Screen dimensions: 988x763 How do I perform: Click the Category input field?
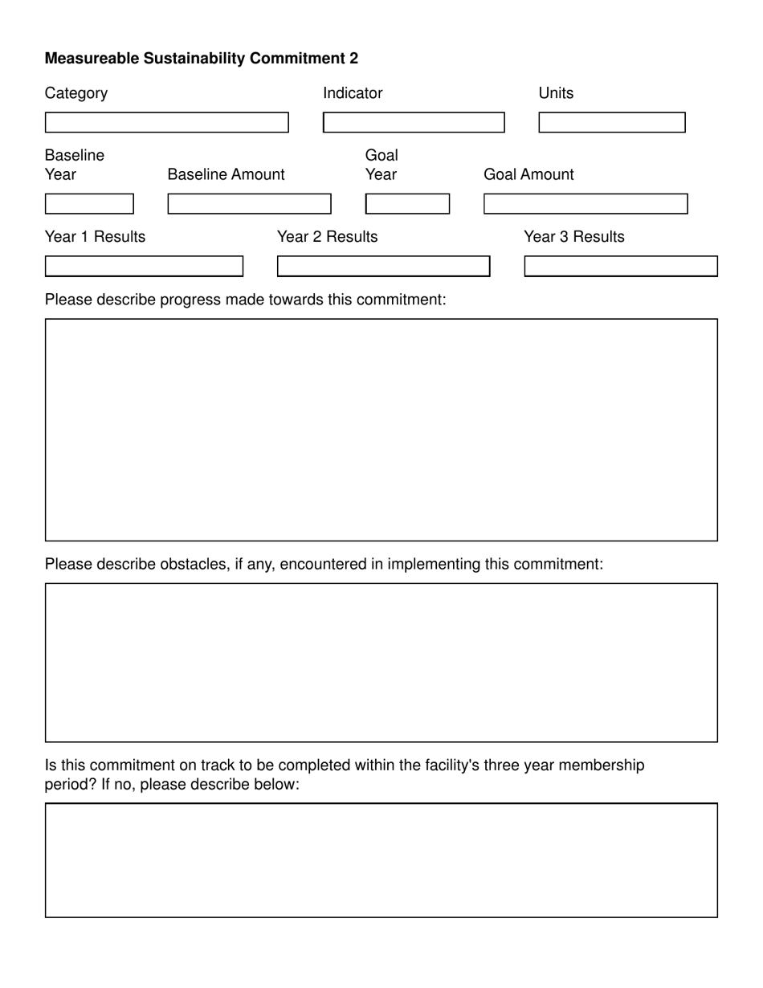pyautogui.click(x=166, y=122)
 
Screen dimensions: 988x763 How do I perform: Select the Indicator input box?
pyautogui.click(x=414, y=122)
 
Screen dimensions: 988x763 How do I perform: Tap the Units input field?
pyautogui.click(x=611, y=122)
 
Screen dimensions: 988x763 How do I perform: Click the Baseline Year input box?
pyautogui.click(x=89, y=204)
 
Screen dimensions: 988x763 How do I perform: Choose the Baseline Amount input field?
pyautogui.click(x=249, y=204)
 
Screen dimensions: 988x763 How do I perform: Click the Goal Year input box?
pyautogui.click(x=407, y=204)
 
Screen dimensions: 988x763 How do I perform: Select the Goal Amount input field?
pyautogui.click(x=585, y=204)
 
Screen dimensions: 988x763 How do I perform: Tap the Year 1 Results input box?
pyautogui.click(x=144, y=266)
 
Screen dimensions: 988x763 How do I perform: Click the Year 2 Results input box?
pyautogui.click(x=383, y=266)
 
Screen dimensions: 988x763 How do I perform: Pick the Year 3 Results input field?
pyautogui.click(x=620, y=266)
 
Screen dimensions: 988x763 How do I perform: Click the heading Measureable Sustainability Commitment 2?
pyautogui.click(x=201, y=58)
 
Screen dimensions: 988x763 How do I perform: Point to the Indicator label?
pyautogui.click(x=353, y=93)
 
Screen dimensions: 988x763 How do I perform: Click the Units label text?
pyautogui.click(x=556, y=93)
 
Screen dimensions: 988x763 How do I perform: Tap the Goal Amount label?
pyautogui.click(x=528, y=174)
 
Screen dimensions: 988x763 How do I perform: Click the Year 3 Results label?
pyautogui.click(x=573, y=237)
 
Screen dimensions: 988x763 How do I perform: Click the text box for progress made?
pyautogui.click(x=381, y=430)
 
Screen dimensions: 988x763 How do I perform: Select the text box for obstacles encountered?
pyautogui.click(x=381, y=663)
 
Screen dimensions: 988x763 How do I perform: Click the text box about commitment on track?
pyautogui.click(x=381, y=860)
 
